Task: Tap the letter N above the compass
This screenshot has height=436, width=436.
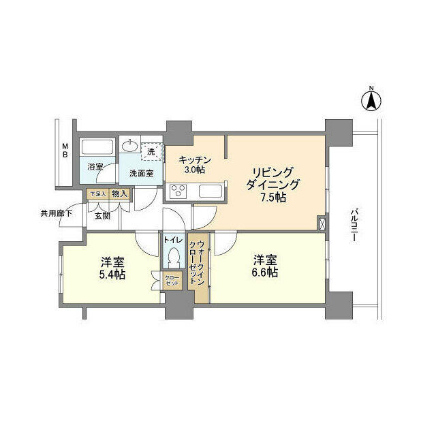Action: click(x=371, y=88)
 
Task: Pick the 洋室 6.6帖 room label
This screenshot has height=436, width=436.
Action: click(x=266, y=266)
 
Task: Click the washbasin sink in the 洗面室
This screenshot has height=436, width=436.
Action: click(x=129, y=146)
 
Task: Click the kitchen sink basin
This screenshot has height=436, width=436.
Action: click(x=208, y=190)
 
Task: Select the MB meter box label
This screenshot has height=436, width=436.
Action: click(x=65, y=151)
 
